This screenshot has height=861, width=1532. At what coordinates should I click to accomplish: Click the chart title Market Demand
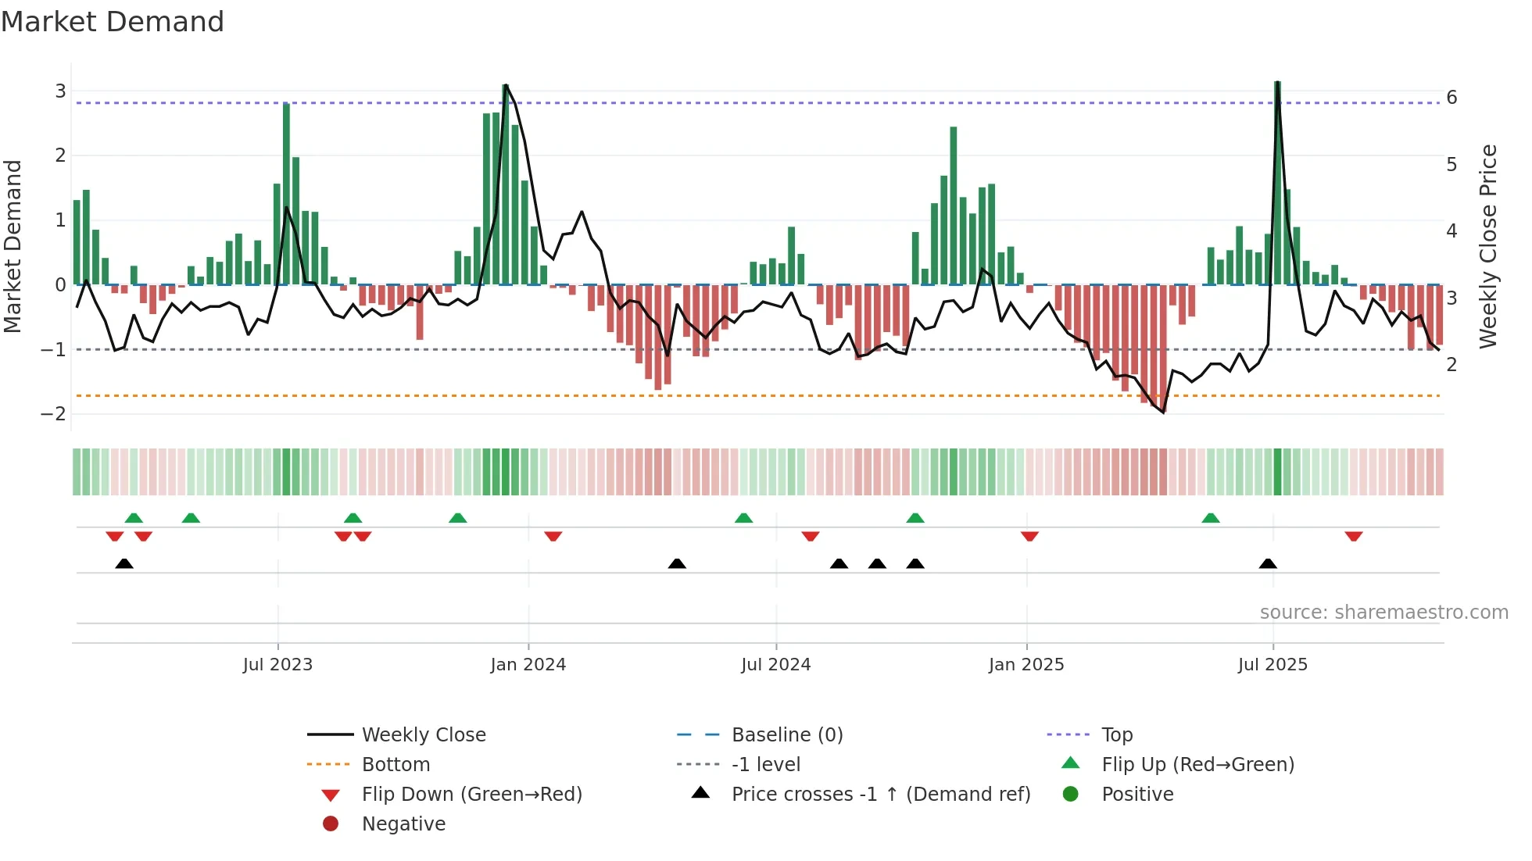coord(113,21)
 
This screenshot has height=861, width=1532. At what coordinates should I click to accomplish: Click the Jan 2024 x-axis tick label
coord(528,665)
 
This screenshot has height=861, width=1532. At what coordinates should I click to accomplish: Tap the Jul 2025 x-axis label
coord(1272,665)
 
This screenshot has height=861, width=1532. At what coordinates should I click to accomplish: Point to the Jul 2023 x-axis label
coord(277,665)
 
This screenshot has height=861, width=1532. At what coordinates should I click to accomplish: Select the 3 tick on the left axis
coord(60,91)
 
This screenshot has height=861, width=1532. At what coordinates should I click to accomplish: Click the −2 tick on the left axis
coord(53,413)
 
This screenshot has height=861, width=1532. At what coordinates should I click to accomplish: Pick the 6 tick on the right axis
coord(1451,98)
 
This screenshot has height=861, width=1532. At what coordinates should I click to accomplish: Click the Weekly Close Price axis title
coord(1488,246)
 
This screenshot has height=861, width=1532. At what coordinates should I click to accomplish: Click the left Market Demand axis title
coord(13,246)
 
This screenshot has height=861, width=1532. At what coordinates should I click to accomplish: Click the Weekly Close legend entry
coord(423,735)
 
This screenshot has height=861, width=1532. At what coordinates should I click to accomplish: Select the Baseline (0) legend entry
coord(786,735)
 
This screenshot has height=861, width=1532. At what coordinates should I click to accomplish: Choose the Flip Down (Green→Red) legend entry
coord(471,795)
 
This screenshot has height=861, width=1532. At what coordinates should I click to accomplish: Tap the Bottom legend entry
coord(396,765)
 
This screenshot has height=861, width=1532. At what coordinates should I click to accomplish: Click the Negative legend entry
coord(403,824)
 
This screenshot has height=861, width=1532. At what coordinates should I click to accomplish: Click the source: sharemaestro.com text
coord(1383,613)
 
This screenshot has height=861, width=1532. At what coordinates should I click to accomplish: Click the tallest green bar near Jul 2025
coord(1277,184)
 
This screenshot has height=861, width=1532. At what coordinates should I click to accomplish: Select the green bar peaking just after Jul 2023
coord(286,195)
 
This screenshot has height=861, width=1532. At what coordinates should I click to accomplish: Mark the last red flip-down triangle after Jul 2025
coord(1354,536)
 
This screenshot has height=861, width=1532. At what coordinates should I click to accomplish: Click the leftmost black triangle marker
coord(124,563)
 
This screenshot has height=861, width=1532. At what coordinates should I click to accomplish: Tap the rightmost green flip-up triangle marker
coord(1210,518)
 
